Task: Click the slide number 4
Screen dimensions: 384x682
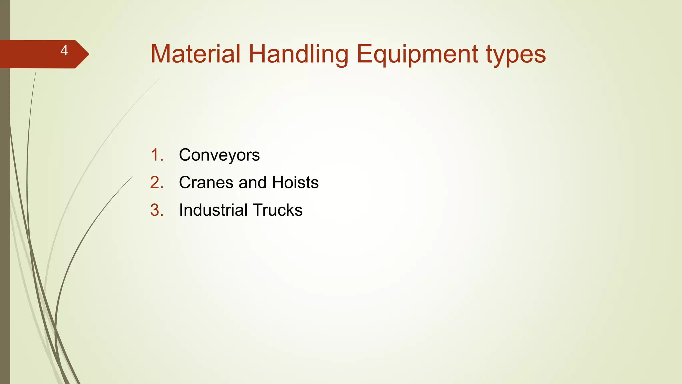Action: (64, 51)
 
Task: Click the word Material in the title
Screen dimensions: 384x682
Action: (195, 54)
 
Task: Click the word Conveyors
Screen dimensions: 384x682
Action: (219, 155)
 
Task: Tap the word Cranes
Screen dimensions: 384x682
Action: (206, 183)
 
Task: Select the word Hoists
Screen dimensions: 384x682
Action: (295, 183)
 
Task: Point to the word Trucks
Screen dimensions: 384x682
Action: (277, 210)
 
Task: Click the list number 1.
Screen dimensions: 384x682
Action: (157, 155)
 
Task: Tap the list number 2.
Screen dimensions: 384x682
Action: (157, 183)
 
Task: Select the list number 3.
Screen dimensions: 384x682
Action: (157, 210)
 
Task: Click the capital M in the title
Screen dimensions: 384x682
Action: (161, 54)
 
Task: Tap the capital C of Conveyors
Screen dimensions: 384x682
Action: (185, 155)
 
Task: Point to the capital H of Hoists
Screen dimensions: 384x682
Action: (278, 183)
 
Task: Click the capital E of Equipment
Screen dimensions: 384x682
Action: (364, 54)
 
